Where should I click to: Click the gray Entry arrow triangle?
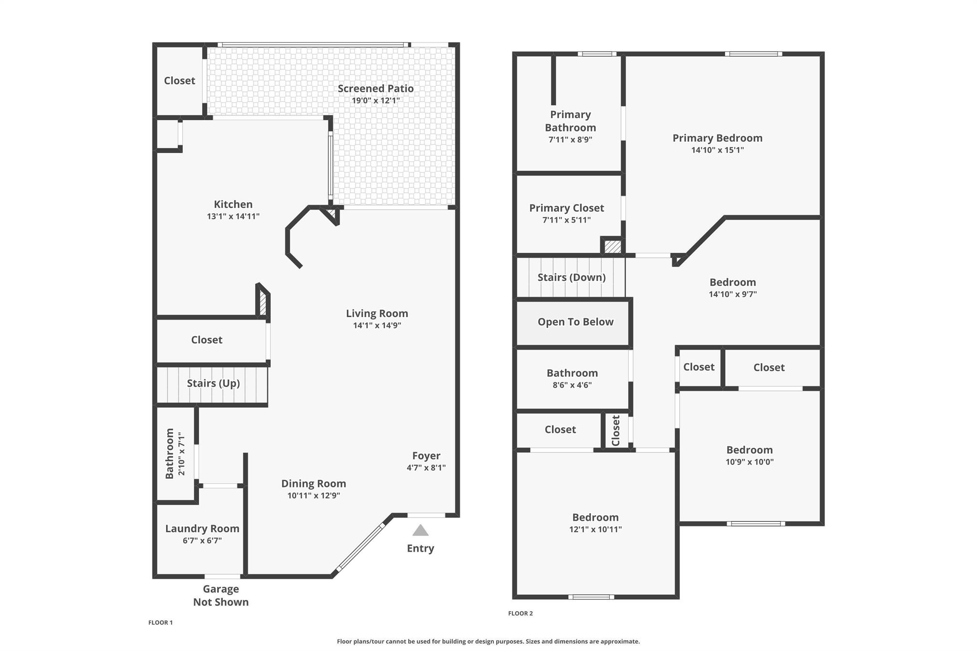point(420,530)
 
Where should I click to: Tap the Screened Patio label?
point(375,88)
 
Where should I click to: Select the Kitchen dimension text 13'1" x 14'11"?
point(233,216)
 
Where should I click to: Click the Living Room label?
point(377,313)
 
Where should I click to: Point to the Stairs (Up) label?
point(213,383)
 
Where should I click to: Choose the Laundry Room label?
point(202,528)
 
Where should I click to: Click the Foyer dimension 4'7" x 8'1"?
point(426,468)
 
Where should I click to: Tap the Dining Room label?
point(313,484)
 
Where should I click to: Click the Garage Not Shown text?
point(221,595)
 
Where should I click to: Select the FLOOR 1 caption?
point(160,622)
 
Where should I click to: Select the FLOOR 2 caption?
point(520,613)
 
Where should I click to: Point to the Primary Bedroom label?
point(717,138)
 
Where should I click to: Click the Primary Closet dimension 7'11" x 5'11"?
point(567,220)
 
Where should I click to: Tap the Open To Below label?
point(575,322)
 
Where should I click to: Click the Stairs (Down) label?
point(572,278)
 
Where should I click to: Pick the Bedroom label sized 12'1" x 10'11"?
point(595,517)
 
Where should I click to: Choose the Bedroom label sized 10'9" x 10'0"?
point(749,450)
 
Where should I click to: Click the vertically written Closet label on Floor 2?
point(616,431)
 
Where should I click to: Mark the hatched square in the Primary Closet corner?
point(613,247)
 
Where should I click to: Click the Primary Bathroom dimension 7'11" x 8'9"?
point(571,140)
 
